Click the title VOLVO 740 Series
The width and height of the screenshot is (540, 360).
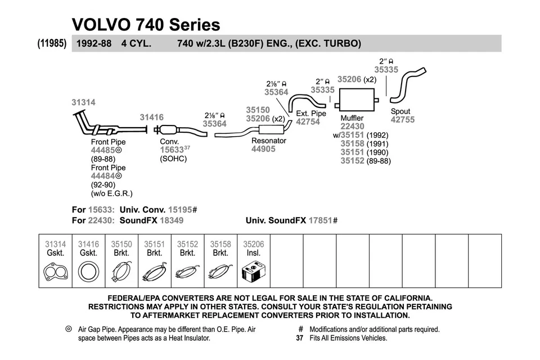(x=146, y=24)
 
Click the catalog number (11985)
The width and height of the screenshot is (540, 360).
(x=53, y=43)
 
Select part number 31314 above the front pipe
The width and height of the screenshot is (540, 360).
(x=83, y=102)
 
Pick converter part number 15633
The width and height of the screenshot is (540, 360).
(x=172, y=151)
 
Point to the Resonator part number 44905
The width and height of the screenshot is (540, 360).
(x=263, y=149)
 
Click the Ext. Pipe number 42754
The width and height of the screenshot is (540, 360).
(x=308, y=121)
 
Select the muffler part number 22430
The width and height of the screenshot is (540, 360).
(x=352, y=127)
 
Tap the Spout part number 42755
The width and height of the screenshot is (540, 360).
(x=402, y=120)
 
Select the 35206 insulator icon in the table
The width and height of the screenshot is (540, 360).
(x=253, y=274)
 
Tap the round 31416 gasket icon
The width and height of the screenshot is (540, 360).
(x=88, y=274)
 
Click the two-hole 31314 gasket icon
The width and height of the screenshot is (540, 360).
(x=55, y=274)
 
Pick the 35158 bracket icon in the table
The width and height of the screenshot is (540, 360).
(x=220, y=274)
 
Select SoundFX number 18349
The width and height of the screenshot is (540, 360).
(x=172, y=220)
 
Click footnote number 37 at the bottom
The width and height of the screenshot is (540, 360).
(x=300, y=338)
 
